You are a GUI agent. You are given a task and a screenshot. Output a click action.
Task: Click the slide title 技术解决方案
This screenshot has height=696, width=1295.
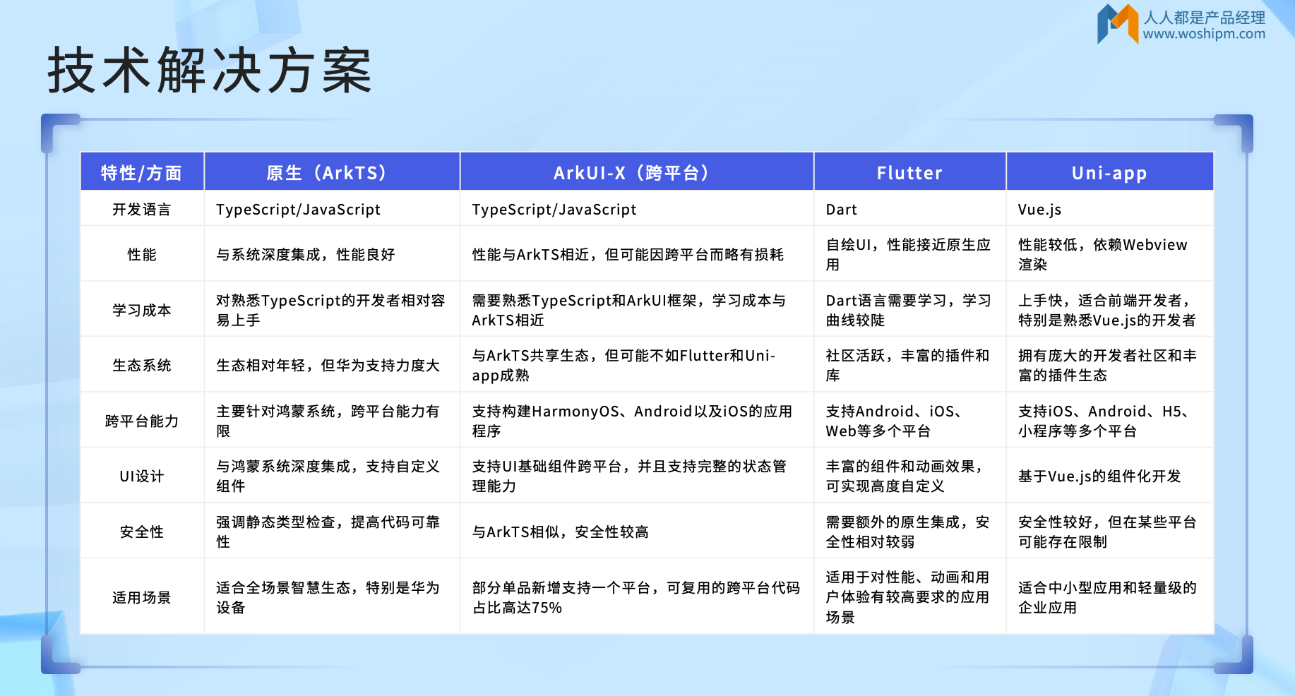pos(210,71)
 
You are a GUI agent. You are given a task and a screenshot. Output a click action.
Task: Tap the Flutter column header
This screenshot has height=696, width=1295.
pos(909,173)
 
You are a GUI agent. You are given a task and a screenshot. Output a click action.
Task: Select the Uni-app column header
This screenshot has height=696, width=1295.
pos(1109,173)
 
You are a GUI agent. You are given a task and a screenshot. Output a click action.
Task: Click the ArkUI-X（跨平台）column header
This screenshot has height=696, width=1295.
pos(632,173)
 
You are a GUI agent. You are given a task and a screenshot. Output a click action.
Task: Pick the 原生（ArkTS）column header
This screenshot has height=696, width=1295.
pos(328,173)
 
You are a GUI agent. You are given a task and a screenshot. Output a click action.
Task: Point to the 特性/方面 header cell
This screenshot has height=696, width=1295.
pos(141,173)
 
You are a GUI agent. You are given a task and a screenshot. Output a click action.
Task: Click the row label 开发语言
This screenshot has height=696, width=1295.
pos(141,210)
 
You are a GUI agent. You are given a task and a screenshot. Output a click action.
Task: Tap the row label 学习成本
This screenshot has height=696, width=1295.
pos(141,311)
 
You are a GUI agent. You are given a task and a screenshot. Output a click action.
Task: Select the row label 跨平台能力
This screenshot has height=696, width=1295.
pos(141,421)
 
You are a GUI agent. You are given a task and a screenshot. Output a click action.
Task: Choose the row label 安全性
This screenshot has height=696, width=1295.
pos(141,532)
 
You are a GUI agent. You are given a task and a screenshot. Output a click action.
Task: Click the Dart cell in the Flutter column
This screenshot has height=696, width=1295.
pos(841,210)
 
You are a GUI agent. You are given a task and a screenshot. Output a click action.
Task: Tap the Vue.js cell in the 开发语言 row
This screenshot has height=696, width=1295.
pos(1039,210)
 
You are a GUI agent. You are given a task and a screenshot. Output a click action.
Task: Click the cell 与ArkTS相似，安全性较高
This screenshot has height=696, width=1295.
pos(560,532)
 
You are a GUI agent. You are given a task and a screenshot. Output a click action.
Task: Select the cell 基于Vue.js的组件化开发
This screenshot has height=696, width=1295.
pos(1099,476)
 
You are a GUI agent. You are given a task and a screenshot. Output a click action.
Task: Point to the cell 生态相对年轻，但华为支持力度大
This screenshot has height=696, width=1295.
pos(328,366)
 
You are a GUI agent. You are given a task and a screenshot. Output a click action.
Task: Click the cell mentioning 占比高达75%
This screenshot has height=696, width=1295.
pos(635,598)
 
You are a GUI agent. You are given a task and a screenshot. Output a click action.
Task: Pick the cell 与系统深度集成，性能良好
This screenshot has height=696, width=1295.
pos(305,255)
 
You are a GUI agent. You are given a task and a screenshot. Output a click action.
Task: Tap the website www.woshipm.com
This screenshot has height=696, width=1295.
pos(1204,34)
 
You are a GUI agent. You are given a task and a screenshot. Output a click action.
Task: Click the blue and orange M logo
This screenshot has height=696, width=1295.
pos(1118,23)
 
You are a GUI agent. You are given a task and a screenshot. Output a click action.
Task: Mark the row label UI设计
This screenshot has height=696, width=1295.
pos(141,476)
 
